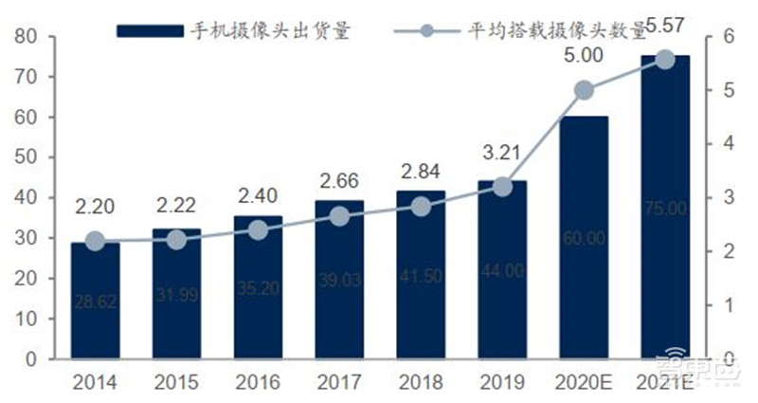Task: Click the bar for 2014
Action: pyautogui.click(x=95, y=301)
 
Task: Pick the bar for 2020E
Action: pyautogui.click(x=584, y=238)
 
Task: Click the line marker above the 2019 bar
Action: pyautogui.click(x=503, y=187)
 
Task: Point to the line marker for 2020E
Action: pyautogui.click(x=584, y=90)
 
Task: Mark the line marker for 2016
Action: pyautogui.click(x=258, y=229)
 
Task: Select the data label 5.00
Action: pyautogui.click(x=583, y=56)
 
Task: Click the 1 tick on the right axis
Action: pyautogui.click(x=703, y=305)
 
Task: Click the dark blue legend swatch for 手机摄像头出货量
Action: pyautogui.click(x=148, y=30)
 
